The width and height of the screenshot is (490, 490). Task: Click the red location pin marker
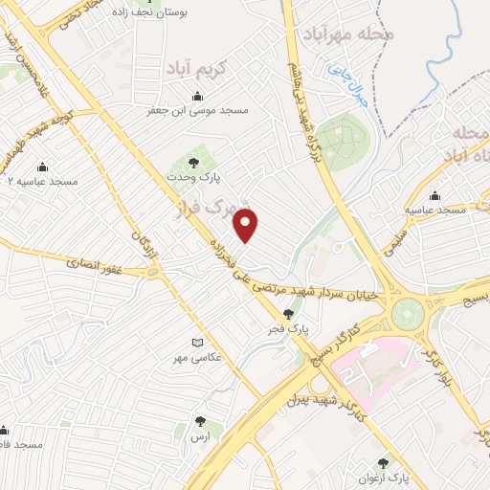point(247,226)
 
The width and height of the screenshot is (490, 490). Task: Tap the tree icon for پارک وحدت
point(195,163)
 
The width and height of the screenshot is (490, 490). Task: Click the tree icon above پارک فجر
point(288,313)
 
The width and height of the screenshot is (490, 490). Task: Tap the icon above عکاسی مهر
point(198,342)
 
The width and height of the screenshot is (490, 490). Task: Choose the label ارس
point(200,435)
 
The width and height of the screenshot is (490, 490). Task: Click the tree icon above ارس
point(200,420)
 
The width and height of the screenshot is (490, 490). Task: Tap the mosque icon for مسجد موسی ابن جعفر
point(197,96)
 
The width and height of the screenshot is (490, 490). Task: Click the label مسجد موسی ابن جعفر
point(207,111)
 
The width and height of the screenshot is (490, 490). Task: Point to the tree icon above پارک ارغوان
point(385,461)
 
